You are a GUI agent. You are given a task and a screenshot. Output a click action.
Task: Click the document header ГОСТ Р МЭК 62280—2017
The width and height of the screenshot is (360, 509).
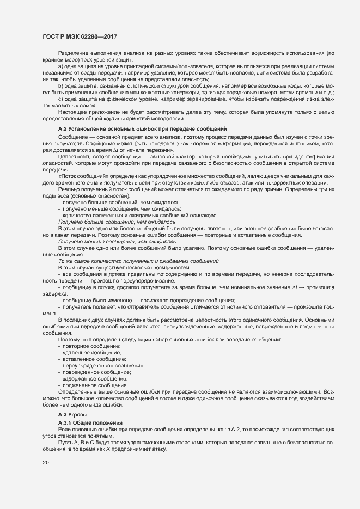click(x=80, y=36)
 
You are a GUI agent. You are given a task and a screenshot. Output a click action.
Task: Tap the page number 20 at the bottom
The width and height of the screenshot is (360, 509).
click(x=45, y=463)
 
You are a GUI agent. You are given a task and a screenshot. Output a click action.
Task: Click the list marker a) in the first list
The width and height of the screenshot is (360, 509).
click(x=60, y=66)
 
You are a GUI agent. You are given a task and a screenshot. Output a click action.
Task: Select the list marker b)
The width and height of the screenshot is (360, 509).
click(x=60, y=85)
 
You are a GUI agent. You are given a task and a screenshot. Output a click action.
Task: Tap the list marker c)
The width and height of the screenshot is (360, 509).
click(x=60, y=99)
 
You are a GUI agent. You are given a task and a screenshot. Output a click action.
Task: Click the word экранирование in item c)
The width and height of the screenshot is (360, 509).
click(x=191, y=99)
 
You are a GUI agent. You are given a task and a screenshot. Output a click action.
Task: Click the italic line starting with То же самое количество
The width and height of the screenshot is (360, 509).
click(x=130, y=261)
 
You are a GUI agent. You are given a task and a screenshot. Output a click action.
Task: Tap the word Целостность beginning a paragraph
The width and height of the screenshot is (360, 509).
click(x=74, y=157)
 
